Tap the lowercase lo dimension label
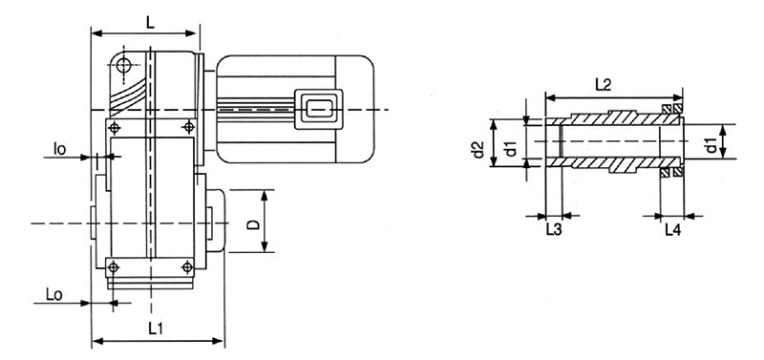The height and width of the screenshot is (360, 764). (x=59, y=149)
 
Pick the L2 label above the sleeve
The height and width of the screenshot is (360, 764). (x=603, y=85)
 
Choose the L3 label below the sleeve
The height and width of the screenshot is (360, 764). (x=553, y=231)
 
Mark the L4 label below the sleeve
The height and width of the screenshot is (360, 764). (x=671, y=231)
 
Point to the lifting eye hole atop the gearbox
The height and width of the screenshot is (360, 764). (x=124, y=64)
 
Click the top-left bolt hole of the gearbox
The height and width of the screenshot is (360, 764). (x=115, y=127)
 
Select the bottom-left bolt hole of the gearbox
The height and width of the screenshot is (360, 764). (x=115, y=265)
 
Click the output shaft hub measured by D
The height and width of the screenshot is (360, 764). (x=215, y=222)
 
